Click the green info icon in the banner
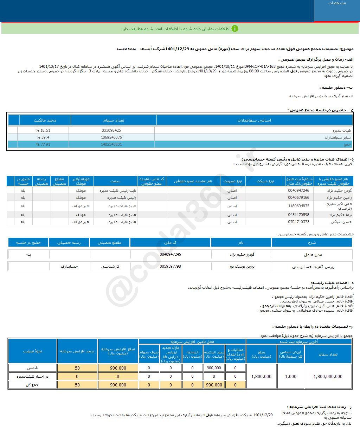tap(235, 28)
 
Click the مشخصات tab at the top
tap(337, 3)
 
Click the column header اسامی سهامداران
tap(254, 120)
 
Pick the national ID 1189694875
tap(298, 206)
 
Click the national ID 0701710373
tap(298, 222)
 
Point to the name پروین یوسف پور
tap(242, 267)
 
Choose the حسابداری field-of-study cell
tap(69, 267)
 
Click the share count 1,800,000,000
tap(328, 377)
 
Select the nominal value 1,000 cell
tap(291, 377)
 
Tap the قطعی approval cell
tap(32, 368)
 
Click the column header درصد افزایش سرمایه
tap(77, 351)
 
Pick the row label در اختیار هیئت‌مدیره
tap(32, 377)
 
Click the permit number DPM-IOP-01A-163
tap(259, 66)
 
